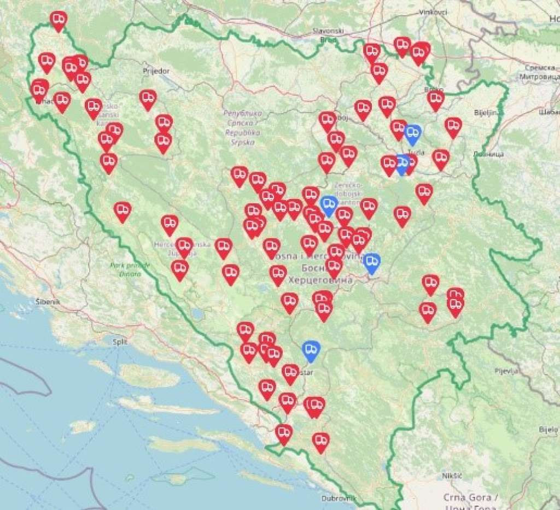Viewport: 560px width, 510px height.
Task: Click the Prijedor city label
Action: coord(156,71)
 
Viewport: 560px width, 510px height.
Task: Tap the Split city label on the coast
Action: coord(119,342)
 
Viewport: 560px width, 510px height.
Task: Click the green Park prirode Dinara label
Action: coord(126,269)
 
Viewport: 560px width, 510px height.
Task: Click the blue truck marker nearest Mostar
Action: coord(311,350)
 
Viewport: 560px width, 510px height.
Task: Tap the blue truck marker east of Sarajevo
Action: coord(371,262)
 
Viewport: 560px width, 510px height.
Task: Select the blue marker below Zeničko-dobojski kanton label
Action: coord(328,204)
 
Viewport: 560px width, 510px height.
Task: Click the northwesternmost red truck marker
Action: coord(59,20)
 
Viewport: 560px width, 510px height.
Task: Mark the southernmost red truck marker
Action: coord(320,441)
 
